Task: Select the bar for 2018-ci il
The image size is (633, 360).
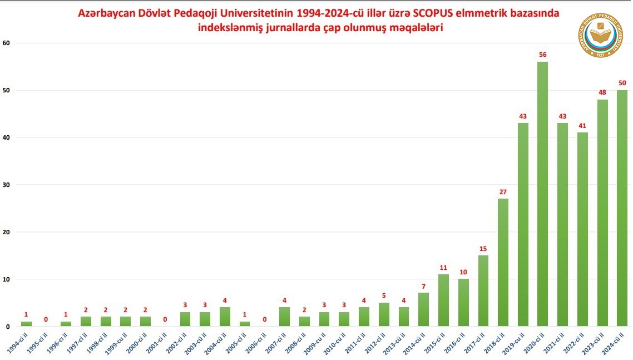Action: (503, 262)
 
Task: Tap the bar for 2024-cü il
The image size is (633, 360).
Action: (622, 208)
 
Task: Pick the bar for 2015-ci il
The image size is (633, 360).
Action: (443, 300)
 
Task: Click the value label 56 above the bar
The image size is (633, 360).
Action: (543, 55)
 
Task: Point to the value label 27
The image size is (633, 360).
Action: (503, 192)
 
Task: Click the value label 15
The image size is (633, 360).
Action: (483, 249)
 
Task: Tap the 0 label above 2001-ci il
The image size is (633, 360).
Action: (165, 319)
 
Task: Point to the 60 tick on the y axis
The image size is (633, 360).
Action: (7, 43)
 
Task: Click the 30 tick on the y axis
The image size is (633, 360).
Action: (7, 185)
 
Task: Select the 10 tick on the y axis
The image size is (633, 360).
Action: (7, 279)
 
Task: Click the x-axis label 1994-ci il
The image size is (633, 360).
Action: (18, 344)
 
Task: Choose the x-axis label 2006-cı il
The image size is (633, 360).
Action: (256, 344)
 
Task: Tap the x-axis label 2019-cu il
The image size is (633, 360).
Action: (515, 344)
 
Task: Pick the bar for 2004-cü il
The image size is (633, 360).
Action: (225, 317)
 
